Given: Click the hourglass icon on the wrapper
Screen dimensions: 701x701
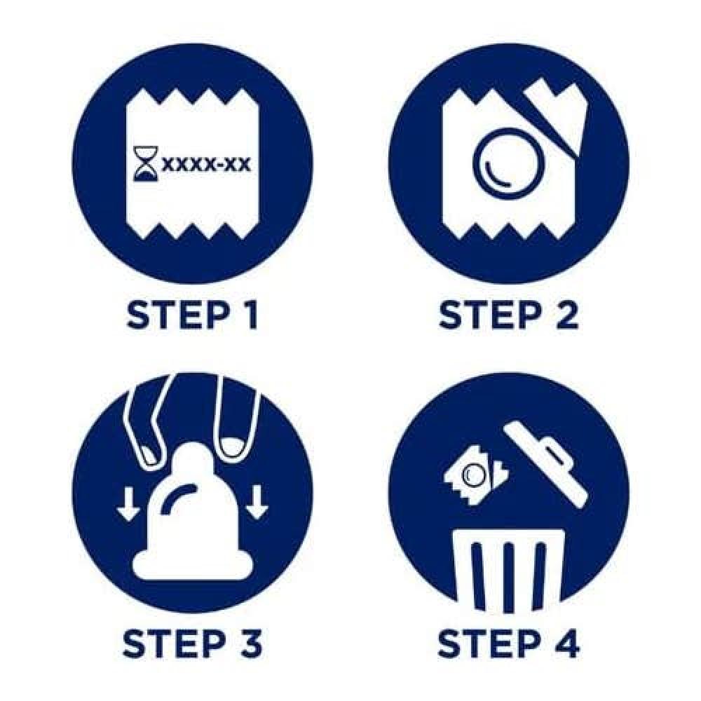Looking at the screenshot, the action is pos(146,165).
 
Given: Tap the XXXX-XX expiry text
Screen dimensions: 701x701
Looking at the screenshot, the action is pos(206,165).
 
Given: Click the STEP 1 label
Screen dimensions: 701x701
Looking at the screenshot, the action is pos(193,315).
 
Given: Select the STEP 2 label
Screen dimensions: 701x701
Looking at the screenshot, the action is pos(508,315).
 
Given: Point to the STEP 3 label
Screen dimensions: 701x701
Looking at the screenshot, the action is pos(192,644).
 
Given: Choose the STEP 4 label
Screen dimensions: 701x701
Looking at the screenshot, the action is pos(508,644).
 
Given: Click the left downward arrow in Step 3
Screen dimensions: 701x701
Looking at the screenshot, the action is pos(128,503).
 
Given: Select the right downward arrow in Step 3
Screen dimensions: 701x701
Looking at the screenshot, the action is pos(256,503).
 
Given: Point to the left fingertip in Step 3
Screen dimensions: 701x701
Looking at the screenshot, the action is pos(150,452).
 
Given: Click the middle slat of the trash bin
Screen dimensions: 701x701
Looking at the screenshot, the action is pos(508,577).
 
